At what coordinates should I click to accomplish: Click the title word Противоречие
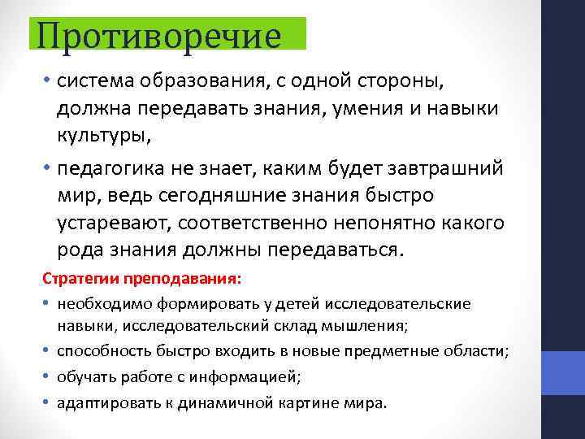pyautogui.click(x=158, y=35)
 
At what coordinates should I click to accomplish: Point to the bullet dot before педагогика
pyautogui.click(x=48, y=168)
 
